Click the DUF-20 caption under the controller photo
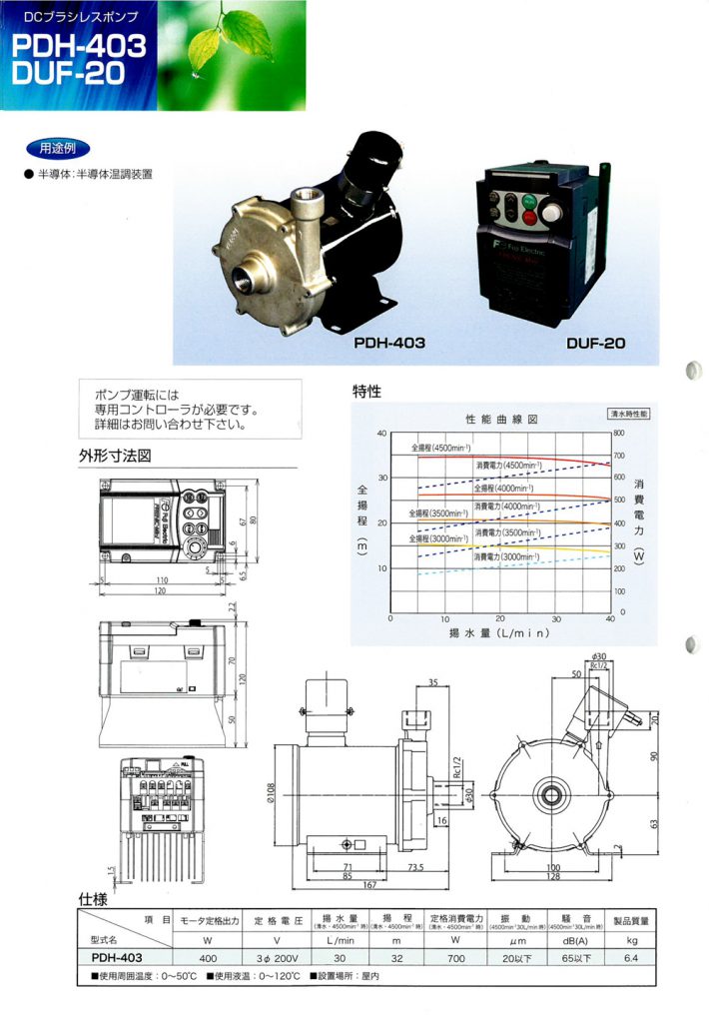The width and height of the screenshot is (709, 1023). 595,343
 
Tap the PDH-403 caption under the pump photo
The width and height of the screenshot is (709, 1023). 389,343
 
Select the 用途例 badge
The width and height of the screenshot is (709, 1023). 51,147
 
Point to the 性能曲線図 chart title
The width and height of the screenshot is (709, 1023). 501,419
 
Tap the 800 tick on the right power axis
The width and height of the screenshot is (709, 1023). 619,434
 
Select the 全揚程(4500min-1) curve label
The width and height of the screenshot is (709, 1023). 438,448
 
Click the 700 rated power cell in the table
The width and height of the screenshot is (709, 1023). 458,956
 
